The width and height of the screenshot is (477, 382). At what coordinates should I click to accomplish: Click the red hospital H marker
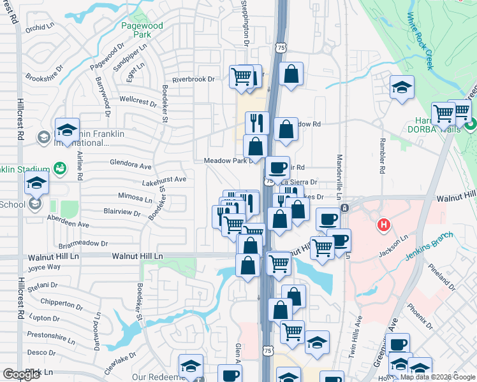[383, 225]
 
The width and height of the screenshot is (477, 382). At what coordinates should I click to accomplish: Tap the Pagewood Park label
[142, 31]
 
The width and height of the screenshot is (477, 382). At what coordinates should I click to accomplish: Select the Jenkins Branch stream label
[430, 248]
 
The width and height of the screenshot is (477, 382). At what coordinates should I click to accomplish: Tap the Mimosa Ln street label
[135, 198]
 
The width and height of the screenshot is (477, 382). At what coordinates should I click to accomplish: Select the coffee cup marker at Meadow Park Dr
[277, 167]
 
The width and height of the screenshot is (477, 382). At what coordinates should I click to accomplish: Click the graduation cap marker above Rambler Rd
[402, 87]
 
